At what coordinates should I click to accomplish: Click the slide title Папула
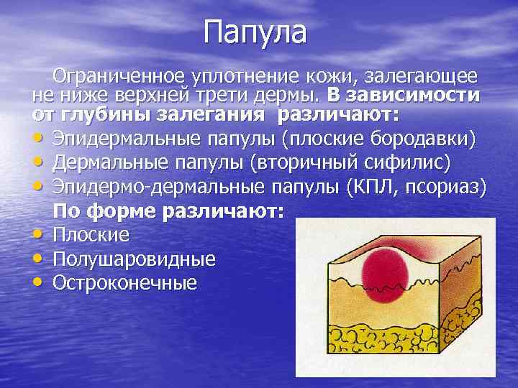click(255, 32)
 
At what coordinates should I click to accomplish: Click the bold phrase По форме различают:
click(170, 211)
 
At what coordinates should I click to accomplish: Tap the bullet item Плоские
click(91, 234)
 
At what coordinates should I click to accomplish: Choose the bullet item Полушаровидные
click(134, 258)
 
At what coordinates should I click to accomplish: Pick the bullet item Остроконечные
click(124, 282)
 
